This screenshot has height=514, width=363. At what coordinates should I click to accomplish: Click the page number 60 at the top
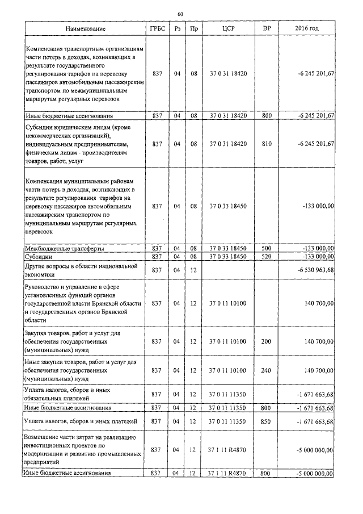pyautogui.click(x=180, y=14)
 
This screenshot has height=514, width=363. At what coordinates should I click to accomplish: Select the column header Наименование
pyautogui.click(x=85, y=28)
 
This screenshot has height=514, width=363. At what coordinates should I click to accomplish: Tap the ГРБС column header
pyautogui.click(x=158, y=28)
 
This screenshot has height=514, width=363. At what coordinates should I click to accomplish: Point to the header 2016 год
pyautogui.click(x=307, y=28)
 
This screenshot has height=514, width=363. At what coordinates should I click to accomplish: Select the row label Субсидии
pyautogui.click(x=38, y=257)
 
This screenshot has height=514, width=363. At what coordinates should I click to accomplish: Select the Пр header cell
pyautogui.click(x=194, y=28)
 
